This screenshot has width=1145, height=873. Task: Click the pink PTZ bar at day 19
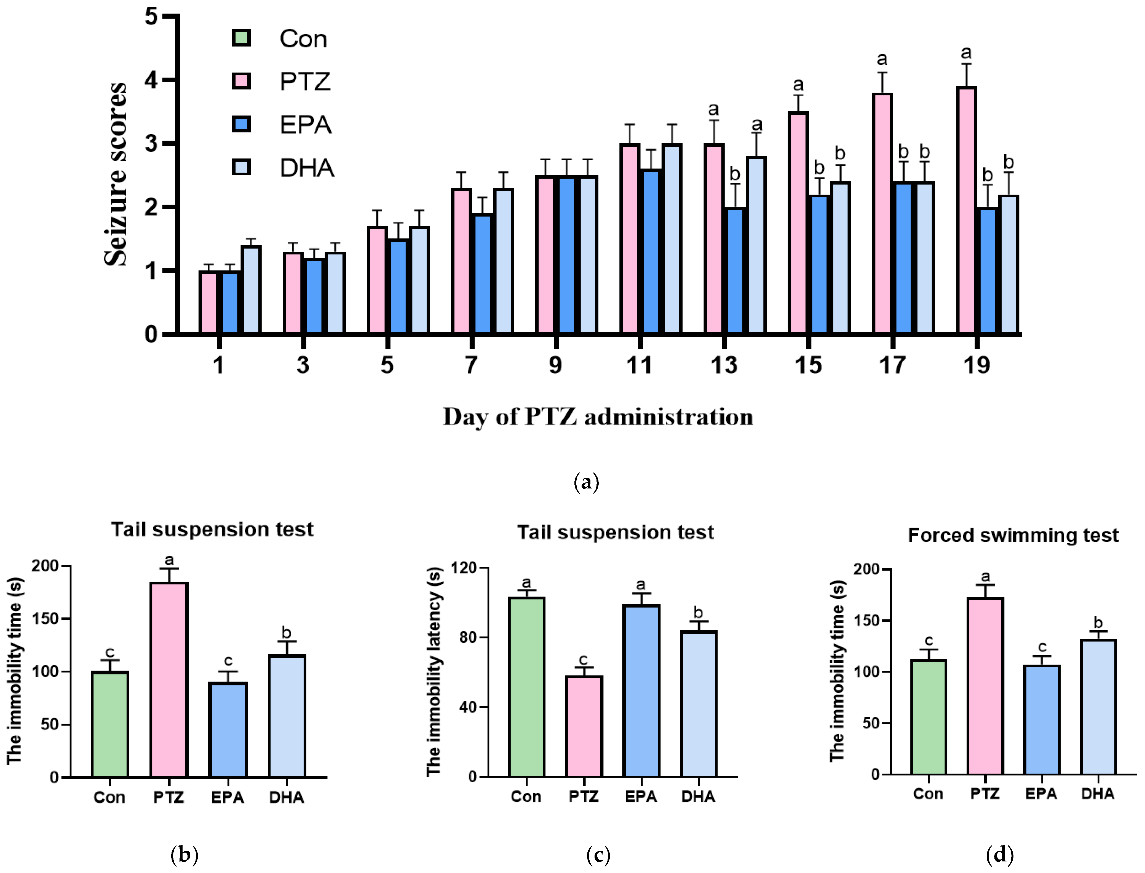(966, 210)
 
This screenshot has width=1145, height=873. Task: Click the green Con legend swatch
(242, 38)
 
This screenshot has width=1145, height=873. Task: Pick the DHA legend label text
(307, 168)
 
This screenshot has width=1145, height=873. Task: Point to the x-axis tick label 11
(639, 365)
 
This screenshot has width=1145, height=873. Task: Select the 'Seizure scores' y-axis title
(115, 174)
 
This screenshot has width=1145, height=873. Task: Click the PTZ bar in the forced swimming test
(985, 686)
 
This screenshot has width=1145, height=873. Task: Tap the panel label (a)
(586, 482)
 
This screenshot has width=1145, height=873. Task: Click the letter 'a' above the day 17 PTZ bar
(882, 59)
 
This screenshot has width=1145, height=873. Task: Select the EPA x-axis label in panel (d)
(1041, 794)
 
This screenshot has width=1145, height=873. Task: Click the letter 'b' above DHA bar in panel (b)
(286, 632)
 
